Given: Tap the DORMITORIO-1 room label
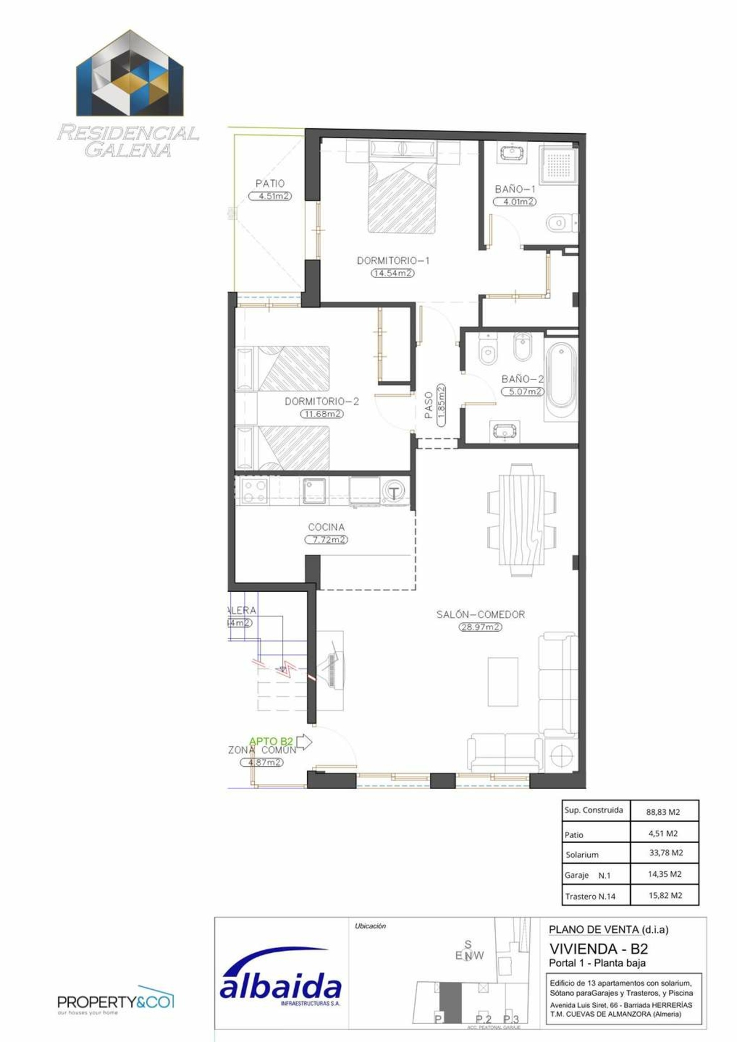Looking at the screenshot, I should coord(393,260).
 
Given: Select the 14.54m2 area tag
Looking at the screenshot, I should coord(392,273).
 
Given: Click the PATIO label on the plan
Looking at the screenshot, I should coord(270,183).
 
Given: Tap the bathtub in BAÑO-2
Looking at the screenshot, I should coord(561,375).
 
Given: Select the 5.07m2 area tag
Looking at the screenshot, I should coord(523,391).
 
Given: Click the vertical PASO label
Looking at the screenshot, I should coord(429,405).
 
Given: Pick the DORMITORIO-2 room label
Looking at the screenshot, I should coord(322,401).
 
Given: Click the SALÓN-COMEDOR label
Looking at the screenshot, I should coord(480,614).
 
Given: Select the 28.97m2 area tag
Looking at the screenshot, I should coord(480,627).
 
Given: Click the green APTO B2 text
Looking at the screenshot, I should coord(271,741).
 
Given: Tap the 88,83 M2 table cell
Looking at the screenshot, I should coord(663,812).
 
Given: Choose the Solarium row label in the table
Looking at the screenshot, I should coord(582,854).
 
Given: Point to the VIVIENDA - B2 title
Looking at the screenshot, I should coord(598,949).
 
